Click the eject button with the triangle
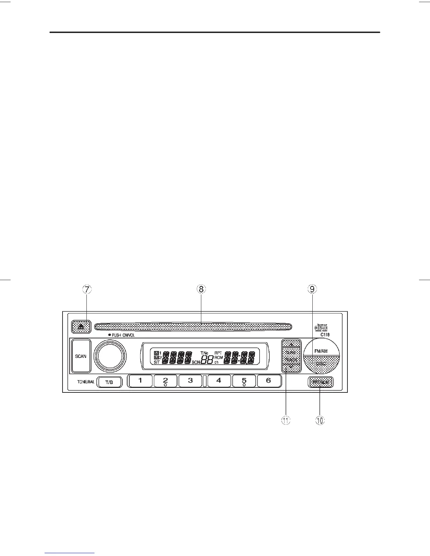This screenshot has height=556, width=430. click(x=81, y=327)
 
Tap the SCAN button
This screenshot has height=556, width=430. click(x=81, y=356)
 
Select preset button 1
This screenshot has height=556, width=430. click(x=140, y=380)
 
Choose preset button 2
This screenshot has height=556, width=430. click(x=165, y=380)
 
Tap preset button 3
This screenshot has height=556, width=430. click(x=190, y=380)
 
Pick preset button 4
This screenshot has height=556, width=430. click(x=219, y=380)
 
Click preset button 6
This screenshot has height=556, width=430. click(x=269, y=380)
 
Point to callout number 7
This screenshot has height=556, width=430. click(x=87, y=289)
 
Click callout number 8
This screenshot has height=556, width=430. click(x=201, y=289)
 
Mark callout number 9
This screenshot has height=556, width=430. click(x=312, y=289)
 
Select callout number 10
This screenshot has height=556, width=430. click(x=320, y=421)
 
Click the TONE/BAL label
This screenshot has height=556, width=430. click(x=86, y=382)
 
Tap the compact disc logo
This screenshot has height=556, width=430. click(x=321, y=327)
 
